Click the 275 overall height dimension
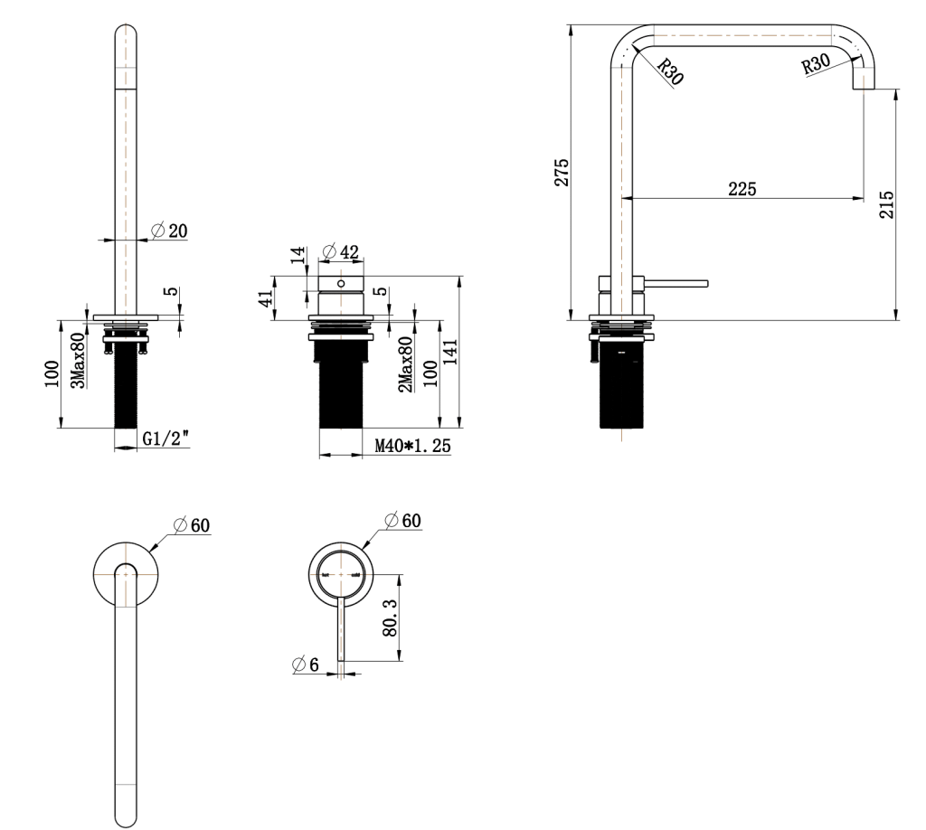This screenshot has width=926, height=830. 561,171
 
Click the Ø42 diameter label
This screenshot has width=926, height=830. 341,250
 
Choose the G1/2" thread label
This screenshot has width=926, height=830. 165,439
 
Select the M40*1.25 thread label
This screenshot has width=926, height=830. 412,446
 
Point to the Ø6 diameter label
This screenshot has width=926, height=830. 306,665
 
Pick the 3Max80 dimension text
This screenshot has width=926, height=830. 79,361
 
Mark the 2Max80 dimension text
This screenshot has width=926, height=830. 407,364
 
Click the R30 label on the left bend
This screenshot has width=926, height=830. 669,71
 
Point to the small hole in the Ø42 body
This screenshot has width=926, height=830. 341,283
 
